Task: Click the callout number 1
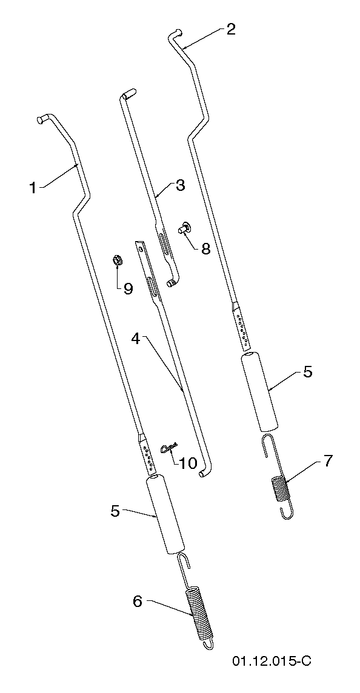[x=33, y=188]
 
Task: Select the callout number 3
[x=180, y=185]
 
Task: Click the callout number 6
[x=138, y=602]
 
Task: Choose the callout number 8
[x=205, y=248]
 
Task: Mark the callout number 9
[x=128, y=288]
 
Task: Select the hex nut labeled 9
[x=117, y=260]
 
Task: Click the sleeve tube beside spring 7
[x=261, y=391]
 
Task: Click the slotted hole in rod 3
[x=163, y=243]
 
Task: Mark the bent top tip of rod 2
[x=174, y=32]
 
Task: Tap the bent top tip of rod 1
[x=41, y=119]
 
